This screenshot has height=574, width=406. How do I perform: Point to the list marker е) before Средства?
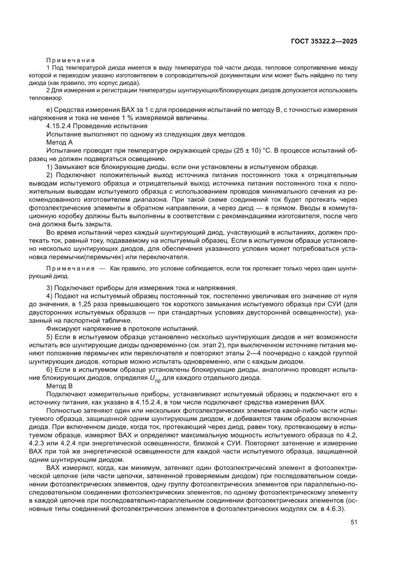49,110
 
